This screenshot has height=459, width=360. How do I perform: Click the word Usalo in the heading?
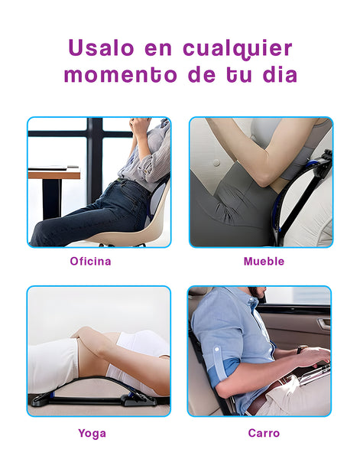click(x=101, y=47)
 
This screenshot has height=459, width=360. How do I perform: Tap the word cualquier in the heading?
click(x=238, y=49)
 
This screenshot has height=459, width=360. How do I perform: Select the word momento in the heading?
click(x=121, y=75)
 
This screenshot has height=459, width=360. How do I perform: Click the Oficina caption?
click(x=90, y=261)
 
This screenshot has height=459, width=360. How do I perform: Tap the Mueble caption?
click(x=264, y=261)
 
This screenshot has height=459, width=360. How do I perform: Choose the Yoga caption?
click(x=92, y=433)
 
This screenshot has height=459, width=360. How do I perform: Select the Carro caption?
click(x=264, y=433)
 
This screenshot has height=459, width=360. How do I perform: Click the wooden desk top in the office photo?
click(x=54, y=174)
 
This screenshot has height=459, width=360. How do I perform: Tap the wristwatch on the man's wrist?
click(x=301, y=349)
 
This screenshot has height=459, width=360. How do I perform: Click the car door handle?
click(x=324, y=324)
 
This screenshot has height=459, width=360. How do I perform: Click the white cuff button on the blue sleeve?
click(x=217, y=350)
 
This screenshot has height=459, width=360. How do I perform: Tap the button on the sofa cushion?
click(x=216, y=163)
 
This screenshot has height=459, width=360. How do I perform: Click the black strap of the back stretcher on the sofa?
click(x=300, y=200)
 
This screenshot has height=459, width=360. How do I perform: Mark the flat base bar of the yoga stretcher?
click(x=88, y=400)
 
